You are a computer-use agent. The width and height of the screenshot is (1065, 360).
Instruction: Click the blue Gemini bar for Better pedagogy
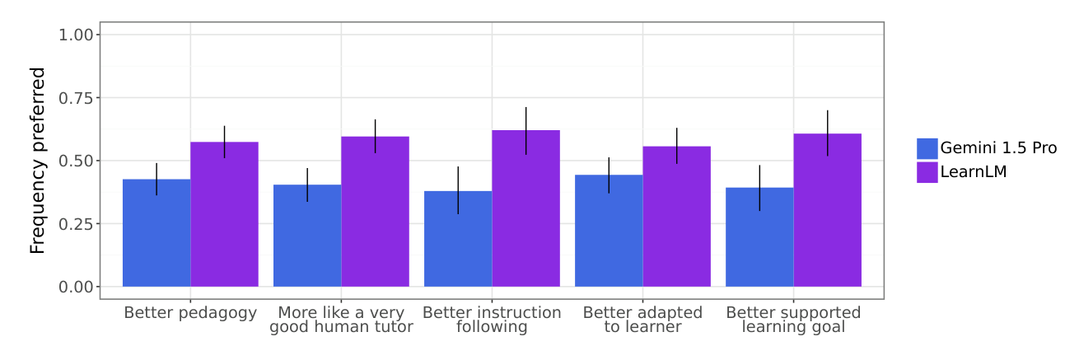click(156, 233)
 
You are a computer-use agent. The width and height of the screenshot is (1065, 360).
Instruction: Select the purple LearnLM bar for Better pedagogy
click(224, 214)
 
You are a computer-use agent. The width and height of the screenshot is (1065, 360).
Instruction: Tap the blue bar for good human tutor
click(307, 236)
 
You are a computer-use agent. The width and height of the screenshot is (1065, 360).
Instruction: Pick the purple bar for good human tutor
click(375, 212)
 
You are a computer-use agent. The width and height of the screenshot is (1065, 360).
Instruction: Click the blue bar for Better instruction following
click(458, 239)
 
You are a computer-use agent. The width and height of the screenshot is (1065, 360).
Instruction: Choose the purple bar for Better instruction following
click(525, 208)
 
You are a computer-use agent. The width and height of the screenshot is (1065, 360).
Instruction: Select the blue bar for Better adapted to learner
click(609, 231)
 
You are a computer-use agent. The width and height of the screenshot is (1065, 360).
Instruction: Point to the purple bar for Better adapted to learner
click(676, 217)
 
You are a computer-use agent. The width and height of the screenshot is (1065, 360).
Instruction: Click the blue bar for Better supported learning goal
click(759, 237)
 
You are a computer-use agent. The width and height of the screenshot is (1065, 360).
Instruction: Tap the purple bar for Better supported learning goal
click(827, 210)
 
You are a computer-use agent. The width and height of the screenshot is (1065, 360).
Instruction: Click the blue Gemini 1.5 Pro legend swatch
click(927, 148)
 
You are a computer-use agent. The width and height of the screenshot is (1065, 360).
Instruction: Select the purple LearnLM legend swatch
click(927, 172)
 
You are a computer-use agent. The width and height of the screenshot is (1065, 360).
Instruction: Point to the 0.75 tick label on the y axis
click(76, 98)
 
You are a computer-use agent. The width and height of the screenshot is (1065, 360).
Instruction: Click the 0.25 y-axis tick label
click(76, 224)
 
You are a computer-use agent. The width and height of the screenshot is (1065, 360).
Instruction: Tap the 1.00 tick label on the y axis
click(76, 35)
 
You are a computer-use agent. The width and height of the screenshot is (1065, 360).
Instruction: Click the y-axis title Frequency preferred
click(38, 161)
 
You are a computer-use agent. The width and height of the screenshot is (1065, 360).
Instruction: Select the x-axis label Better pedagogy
click(190, 313)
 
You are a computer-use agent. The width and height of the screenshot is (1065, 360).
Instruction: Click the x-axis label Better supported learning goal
click(793, 320)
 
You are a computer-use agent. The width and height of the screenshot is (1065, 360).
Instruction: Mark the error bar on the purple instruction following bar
click(525, 131)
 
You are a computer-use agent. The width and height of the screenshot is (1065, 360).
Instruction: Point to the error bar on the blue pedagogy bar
click(156, 180)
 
